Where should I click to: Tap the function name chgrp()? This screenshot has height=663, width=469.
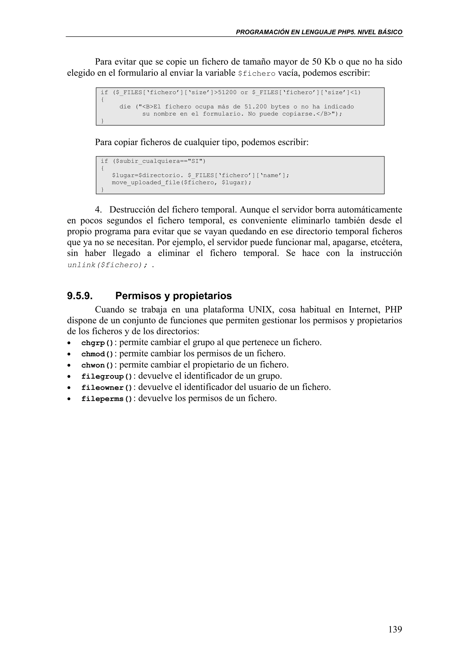point(97,343)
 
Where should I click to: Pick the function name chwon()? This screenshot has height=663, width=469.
point(97,365)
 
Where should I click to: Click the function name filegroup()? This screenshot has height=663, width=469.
point(107,377)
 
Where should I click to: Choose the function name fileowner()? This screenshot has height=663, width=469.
point(107,388)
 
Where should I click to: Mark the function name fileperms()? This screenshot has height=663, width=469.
point(107,399)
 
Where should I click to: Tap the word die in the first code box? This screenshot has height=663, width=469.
point(125,107)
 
